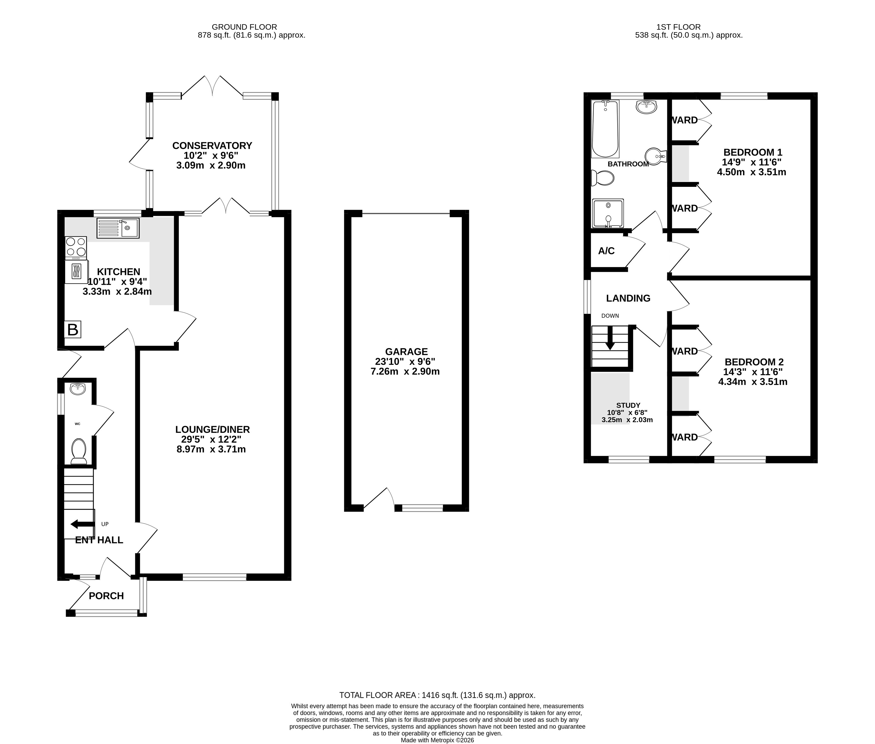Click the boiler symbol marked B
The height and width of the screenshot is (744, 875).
tap(73, 329)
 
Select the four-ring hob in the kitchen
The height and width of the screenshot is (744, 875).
tap(76, 248)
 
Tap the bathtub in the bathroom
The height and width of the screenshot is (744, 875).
tap(605, 129)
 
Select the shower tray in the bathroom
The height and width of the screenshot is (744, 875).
tap(608, 213)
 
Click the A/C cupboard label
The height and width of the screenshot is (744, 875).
tap(606, 251)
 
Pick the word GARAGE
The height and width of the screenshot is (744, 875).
tap(406, 351)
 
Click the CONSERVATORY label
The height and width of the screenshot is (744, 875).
tap(212, 145)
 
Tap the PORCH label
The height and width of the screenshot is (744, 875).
tap(106, 596)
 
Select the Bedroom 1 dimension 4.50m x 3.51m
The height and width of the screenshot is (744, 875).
tap(751, 172)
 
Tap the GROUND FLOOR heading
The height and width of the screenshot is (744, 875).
tap(244, 27)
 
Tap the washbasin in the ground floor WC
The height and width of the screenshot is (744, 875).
tap(78, 389)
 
